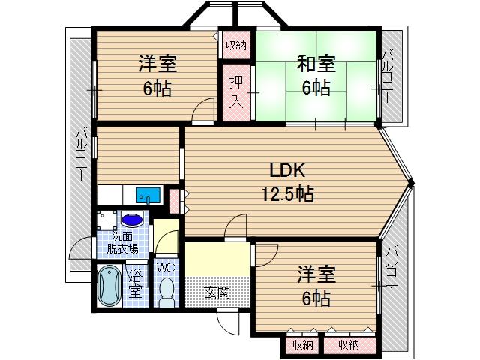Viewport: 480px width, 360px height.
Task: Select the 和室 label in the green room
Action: coord(316,64)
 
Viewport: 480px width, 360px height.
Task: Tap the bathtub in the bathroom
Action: coord(109,285)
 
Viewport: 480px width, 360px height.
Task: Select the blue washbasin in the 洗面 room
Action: coord(132,221)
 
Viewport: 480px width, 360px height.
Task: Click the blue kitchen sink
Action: coord(148,195)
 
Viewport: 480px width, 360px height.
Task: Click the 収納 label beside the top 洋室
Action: coord(235,46)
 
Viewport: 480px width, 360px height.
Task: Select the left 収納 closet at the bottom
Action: coord(302,344)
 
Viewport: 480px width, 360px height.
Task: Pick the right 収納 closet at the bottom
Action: coord(349,344)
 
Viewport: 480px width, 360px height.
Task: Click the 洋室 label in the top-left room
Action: coord(157,64)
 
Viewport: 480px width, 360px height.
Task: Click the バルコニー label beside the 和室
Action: coord(389,75)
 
